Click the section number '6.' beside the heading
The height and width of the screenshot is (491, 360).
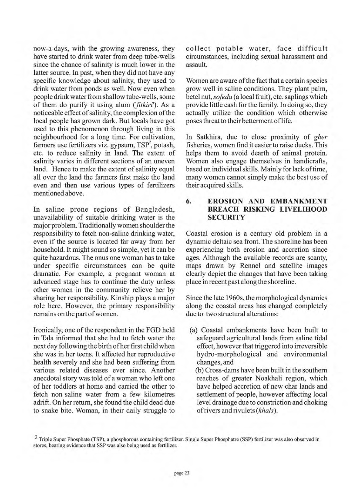click(x=189, y=201)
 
